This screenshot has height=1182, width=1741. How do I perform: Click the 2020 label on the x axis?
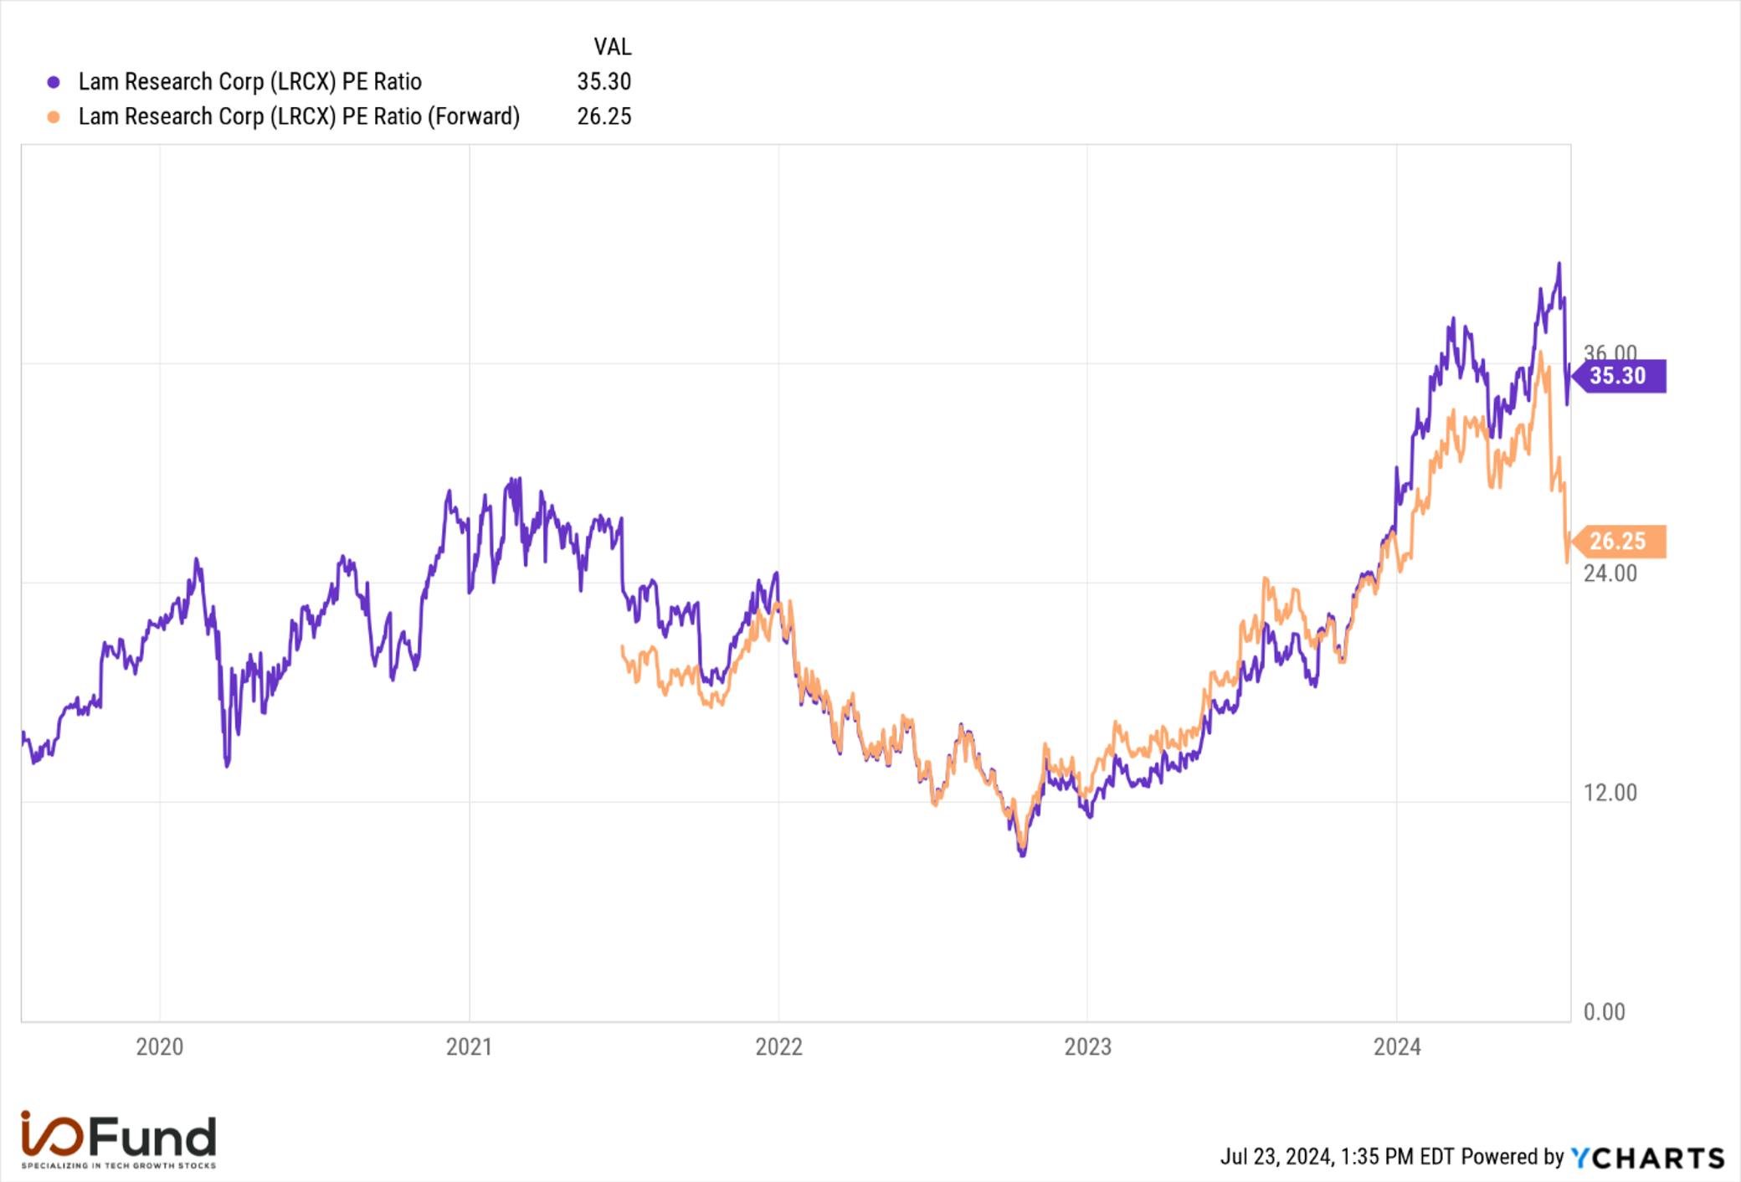[x=159, y=1046]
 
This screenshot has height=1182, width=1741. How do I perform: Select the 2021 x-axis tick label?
[x=469, y=1046]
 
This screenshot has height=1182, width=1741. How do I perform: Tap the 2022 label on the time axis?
[x=778, y=1046]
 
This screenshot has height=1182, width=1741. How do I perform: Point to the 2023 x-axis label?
[x=1087, y=1046]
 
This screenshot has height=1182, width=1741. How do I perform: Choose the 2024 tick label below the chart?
[x=1397, y=1046]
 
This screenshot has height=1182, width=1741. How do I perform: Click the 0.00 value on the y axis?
[x=1604, y=1012]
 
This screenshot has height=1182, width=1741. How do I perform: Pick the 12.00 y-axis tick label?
[x=1610, y=793]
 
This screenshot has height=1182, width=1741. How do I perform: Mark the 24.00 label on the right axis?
[x=1610, y=573]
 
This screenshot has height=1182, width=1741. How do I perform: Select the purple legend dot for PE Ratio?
[x=54, y=82]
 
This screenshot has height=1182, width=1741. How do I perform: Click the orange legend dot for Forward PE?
[x=54, y=117]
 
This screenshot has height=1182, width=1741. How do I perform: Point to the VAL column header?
[x=613, y=47]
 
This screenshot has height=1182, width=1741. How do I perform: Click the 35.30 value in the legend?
[x=604, y=82]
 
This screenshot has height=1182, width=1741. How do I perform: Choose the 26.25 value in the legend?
[x=604, y=116]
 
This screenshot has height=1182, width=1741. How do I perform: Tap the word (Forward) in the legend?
[x=474, y=116]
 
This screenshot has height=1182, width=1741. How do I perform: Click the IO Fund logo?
[x=118, y=1139]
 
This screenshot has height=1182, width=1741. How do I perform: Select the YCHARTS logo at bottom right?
[x=1647, y=1158]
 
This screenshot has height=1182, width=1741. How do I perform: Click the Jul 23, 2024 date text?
[x=1276, y=1157]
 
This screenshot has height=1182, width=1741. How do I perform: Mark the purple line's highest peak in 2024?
[x=1559, y=264]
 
